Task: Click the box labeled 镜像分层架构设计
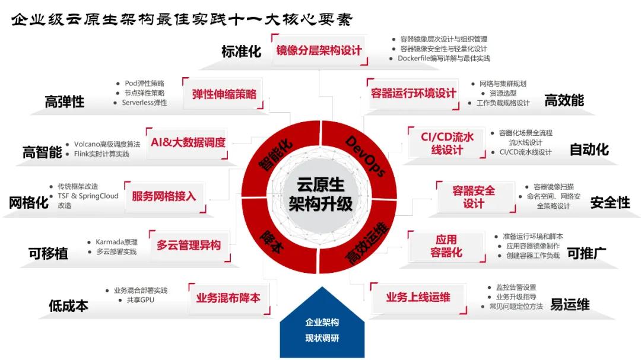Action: pos(319,50)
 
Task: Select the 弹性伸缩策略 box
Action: pos(224,94)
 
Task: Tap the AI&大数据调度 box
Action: pos(188,143)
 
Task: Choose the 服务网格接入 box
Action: pos(164,196)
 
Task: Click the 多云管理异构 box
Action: pos(189,245)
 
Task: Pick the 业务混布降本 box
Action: pos(228,298)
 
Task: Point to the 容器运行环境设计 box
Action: pos(414,94)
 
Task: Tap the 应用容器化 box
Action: pos(446,246)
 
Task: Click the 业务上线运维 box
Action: pos(418,298)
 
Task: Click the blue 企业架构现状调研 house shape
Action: pos(322,330)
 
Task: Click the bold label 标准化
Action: pos(241,52)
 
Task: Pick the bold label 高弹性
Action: pos(65,102)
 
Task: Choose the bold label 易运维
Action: pos(569,305)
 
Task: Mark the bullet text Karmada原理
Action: pos(116,242)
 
